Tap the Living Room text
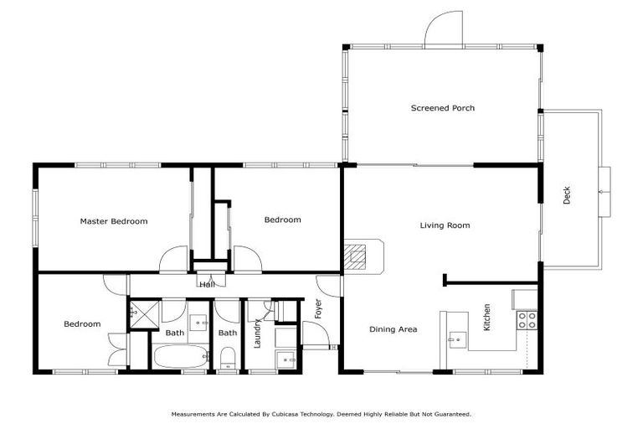point(445,225)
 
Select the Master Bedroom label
point(114,222)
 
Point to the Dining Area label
point(393,329)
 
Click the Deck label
point(567,196)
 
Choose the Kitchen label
point(486,316)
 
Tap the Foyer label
point(318,309)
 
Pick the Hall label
point(207,285)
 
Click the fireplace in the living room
point(358,256)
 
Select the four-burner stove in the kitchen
point(527,319)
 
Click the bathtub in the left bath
point(180,357)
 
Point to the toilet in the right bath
point(227,360)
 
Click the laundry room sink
point(286,359)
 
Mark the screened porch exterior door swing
point(444,28)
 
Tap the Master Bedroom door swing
point(175,259)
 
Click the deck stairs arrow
point(603,192)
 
